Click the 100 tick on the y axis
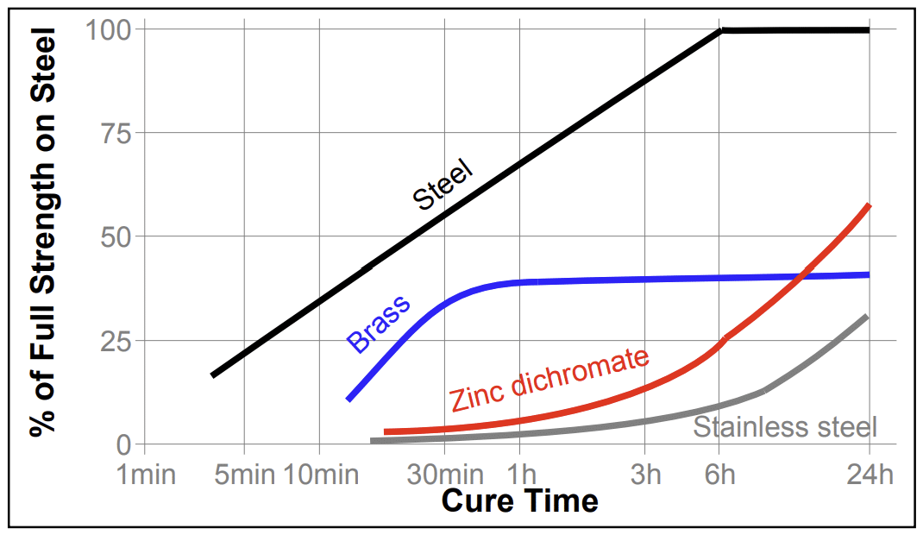107,30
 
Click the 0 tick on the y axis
123,444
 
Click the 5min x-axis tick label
244,474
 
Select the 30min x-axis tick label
445,474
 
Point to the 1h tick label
521,474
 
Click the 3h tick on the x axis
645,474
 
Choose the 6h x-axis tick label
720,474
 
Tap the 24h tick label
868,474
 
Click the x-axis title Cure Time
519,500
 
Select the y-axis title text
43,233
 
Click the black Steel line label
443,184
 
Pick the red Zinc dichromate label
549,379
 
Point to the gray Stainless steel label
785,426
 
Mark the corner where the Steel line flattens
721,30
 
